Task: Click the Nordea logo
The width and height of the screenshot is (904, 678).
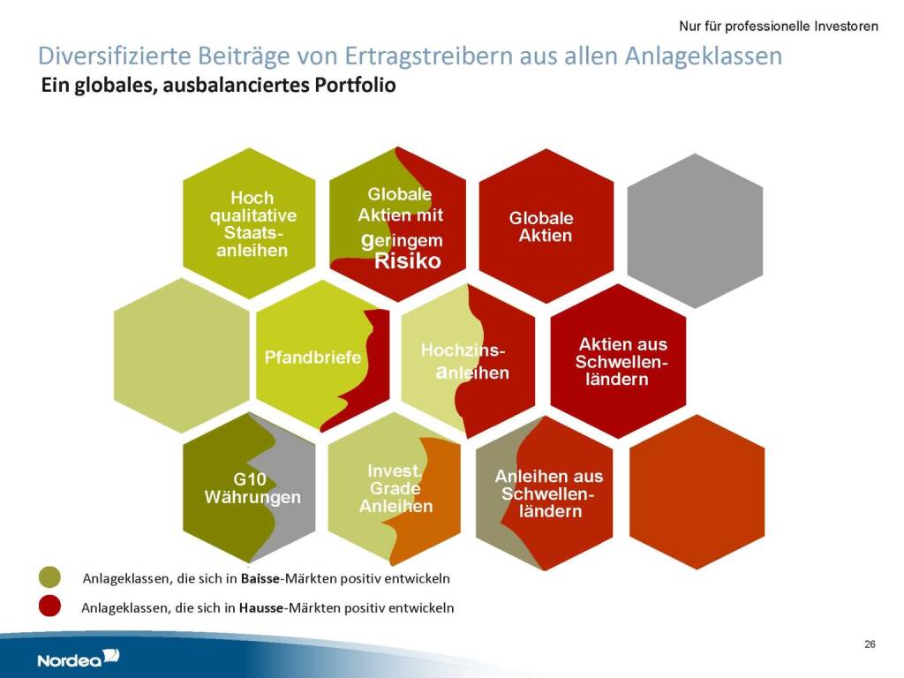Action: (x=79, y=658)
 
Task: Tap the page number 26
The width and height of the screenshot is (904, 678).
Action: (x=870, y=644)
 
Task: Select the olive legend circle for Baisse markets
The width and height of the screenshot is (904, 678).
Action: (x=49, y=577)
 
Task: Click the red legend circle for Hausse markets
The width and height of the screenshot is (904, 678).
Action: (x=49, y=606)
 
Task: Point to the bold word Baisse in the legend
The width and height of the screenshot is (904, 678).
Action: (x=260, y=578)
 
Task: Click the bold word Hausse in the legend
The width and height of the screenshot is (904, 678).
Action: (x=260, y=607)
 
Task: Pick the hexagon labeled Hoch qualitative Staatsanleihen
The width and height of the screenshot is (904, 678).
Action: (x=249, y=223)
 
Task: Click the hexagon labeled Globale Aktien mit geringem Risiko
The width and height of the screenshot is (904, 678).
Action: (x=398, y=223)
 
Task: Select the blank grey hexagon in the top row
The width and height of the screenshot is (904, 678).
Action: (x=695, y=230)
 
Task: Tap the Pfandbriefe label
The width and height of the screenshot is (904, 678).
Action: (x=313, y=358)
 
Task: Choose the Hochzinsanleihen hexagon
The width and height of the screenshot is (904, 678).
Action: (x=468, y=361)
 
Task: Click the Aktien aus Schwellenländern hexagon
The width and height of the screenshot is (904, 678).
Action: (x=619, y=361)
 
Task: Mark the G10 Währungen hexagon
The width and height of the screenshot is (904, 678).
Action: (x=249, y=487)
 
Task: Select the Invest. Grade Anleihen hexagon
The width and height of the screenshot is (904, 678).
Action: (x=395, y=489)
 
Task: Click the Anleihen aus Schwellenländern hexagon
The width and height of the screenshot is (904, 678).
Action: (x=544, y=493)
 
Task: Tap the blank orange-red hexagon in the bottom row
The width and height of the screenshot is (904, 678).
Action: (x=697, y=492)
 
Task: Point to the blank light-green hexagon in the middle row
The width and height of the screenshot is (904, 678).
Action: (x=182, y=355)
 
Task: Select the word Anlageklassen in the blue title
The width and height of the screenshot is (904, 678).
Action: (x=703, y=56)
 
